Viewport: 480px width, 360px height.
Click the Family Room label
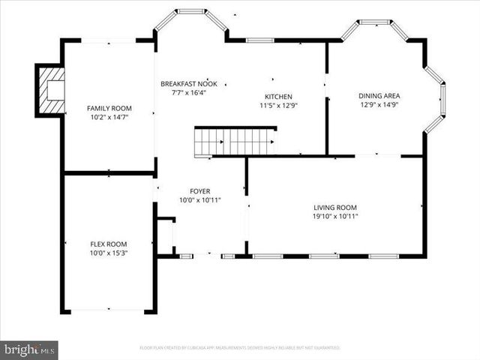click(x=109, y=108)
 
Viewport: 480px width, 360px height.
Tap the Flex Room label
click(x=109, y=244)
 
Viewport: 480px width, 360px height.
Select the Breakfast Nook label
click(x=189, y=84)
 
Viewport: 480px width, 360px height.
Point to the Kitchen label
click(x=277, y=96)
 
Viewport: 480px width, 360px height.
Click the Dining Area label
click(x=379, y=96)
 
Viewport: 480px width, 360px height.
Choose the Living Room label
click(x=335, y=207)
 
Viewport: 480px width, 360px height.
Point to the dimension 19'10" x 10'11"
click(x=335, y=217)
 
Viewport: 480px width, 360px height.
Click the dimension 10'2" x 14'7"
click(x=109, y=118)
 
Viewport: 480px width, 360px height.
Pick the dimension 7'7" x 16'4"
click(x=189, y=94)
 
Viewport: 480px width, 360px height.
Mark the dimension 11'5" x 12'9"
click(x=277, y=106)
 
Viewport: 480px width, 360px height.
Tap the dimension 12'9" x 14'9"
click(x=379, y=106)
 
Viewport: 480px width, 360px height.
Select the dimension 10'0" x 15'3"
click(x=109, y=253)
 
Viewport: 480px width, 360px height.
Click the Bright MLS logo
click(x=28, y=349)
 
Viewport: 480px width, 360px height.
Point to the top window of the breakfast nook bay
click(x=191, y=11)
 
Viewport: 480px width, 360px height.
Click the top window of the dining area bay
click(x=373, y=22)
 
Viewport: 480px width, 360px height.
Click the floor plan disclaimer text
click(x=240, y=348)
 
